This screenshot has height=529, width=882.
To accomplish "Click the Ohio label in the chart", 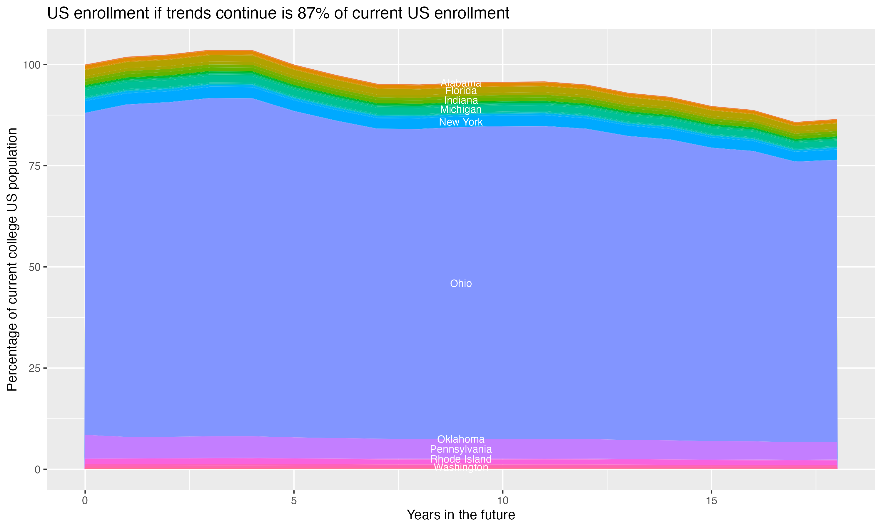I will [461, 283].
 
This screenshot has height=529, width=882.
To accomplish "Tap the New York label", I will [461, 122].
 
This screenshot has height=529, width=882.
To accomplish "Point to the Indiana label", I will [461, 100].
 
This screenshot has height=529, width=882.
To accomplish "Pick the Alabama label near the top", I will [461, 83].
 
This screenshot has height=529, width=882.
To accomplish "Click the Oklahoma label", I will [461, 439].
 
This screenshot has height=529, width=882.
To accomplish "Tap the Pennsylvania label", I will [461, 449].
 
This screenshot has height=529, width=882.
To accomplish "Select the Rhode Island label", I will [461, 459].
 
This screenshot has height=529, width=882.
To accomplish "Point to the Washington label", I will [461, 467].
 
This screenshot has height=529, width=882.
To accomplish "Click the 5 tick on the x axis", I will [294, 501].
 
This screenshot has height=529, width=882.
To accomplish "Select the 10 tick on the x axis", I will [502, 501].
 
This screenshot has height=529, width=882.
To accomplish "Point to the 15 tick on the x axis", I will [711, 501].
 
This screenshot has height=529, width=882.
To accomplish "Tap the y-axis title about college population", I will [12, 259].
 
